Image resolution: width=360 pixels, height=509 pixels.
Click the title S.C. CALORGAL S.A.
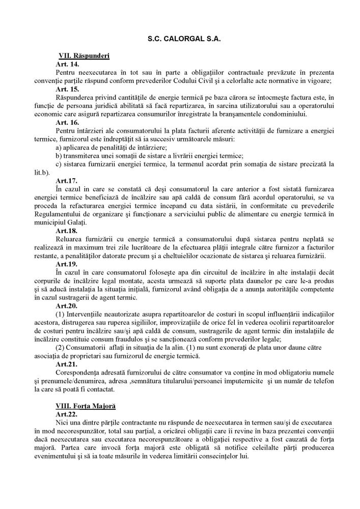[x=180, y=38]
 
